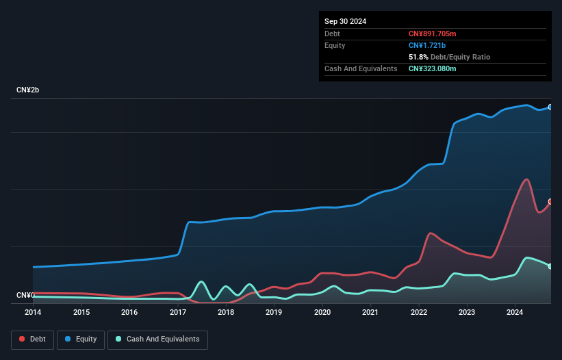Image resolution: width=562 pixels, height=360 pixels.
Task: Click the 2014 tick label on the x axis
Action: pos(33,312)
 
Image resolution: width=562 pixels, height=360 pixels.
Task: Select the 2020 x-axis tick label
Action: pos(322,312)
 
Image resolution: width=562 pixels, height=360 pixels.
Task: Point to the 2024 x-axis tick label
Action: pos(515,312)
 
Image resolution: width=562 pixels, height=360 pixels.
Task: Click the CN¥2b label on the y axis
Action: pos(28,90)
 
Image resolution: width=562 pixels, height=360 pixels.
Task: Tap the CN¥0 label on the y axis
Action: pos(25,295)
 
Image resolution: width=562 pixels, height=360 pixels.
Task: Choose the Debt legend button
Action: pos(31,339)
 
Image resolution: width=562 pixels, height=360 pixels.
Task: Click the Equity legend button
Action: pos(81,339)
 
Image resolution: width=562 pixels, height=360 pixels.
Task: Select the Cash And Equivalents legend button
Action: pos(157,339)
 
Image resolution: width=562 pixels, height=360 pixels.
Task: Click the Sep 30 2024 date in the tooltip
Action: pos(345,21)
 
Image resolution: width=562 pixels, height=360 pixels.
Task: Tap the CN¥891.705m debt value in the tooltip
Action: pos(432,34)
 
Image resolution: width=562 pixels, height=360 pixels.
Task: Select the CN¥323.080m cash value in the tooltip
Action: pos(432,68)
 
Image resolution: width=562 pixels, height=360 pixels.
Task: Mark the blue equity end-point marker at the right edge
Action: pos(550,107)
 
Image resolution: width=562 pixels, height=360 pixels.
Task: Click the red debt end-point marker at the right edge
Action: pos(550,201)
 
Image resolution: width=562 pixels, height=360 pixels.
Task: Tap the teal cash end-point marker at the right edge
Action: pos(550,266)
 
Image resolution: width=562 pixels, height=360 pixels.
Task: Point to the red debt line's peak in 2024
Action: pos(526,179)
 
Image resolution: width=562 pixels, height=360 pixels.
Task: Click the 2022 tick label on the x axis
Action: pos(418,312)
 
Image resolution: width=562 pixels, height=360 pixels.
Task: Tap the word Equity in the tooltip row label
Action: pos(335,45)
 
